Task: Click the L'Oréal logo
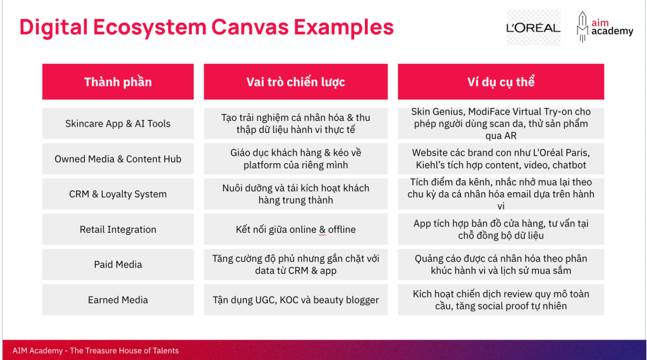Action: click(x=533, y=28)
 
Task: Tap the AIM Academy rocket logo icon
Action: click(x=582, y=27)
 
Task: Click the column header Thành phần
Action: click(x=118, y=82)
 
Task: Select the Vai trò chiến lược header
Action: click(x=295, y=82)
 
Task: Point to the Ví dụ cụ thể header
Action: click(x=501, y=82)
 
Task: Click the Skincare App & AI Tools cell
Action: click(x=118, y=123)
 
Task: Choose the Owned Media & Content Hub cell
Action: click(x=118, y=159)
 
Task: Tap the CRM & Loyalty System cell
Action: click(x=118, y=194)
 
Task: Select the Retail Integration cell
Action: click(x=118, y=229)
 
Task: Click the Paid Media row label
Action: click(x=118, y=264)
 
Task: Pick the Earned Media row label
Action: click(x=118, y=300)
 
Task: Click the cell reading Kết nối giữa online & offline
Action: click(x=295, y=229)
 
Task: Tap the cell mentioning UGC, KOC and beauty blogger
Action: click(x=295, y=300)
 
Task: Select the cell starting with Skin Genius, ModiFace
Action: click(x=501, y=123)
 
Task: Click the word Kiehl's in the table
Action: click(x=429, y=165)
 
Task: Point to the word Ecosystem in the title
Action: click(x=149, y=27)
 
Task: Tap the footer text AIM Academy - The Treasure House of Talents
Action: click(x=96, y=351)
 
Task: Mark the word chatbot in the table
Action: click(x=569, y=165)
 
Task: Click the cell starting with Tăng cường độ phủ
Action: click(x=295, y=264)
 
